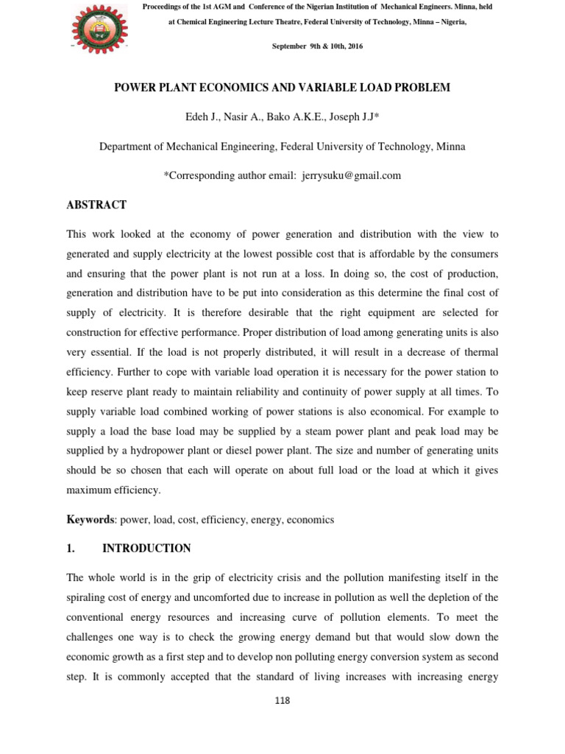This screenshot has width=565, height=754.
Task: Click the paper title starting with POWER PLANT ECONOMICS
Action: click(x=282, y=88)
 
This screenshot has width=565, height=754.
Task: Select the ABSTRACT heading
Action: click(x=96, y=205)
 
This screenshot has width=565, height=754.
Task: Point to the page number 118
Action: click(x=282, y=700)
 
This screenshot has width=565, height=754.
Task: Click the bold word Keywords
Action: click(x=90, y=519)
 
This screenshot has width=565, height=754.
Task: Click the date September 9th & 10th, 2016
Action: click(x=317, y=46)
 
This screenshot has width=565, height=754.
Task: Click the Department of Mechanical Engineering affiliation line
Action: click(x=282, y=147)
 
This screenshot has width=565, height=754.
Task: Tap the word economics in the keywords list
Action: click(x=310, y=519)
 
